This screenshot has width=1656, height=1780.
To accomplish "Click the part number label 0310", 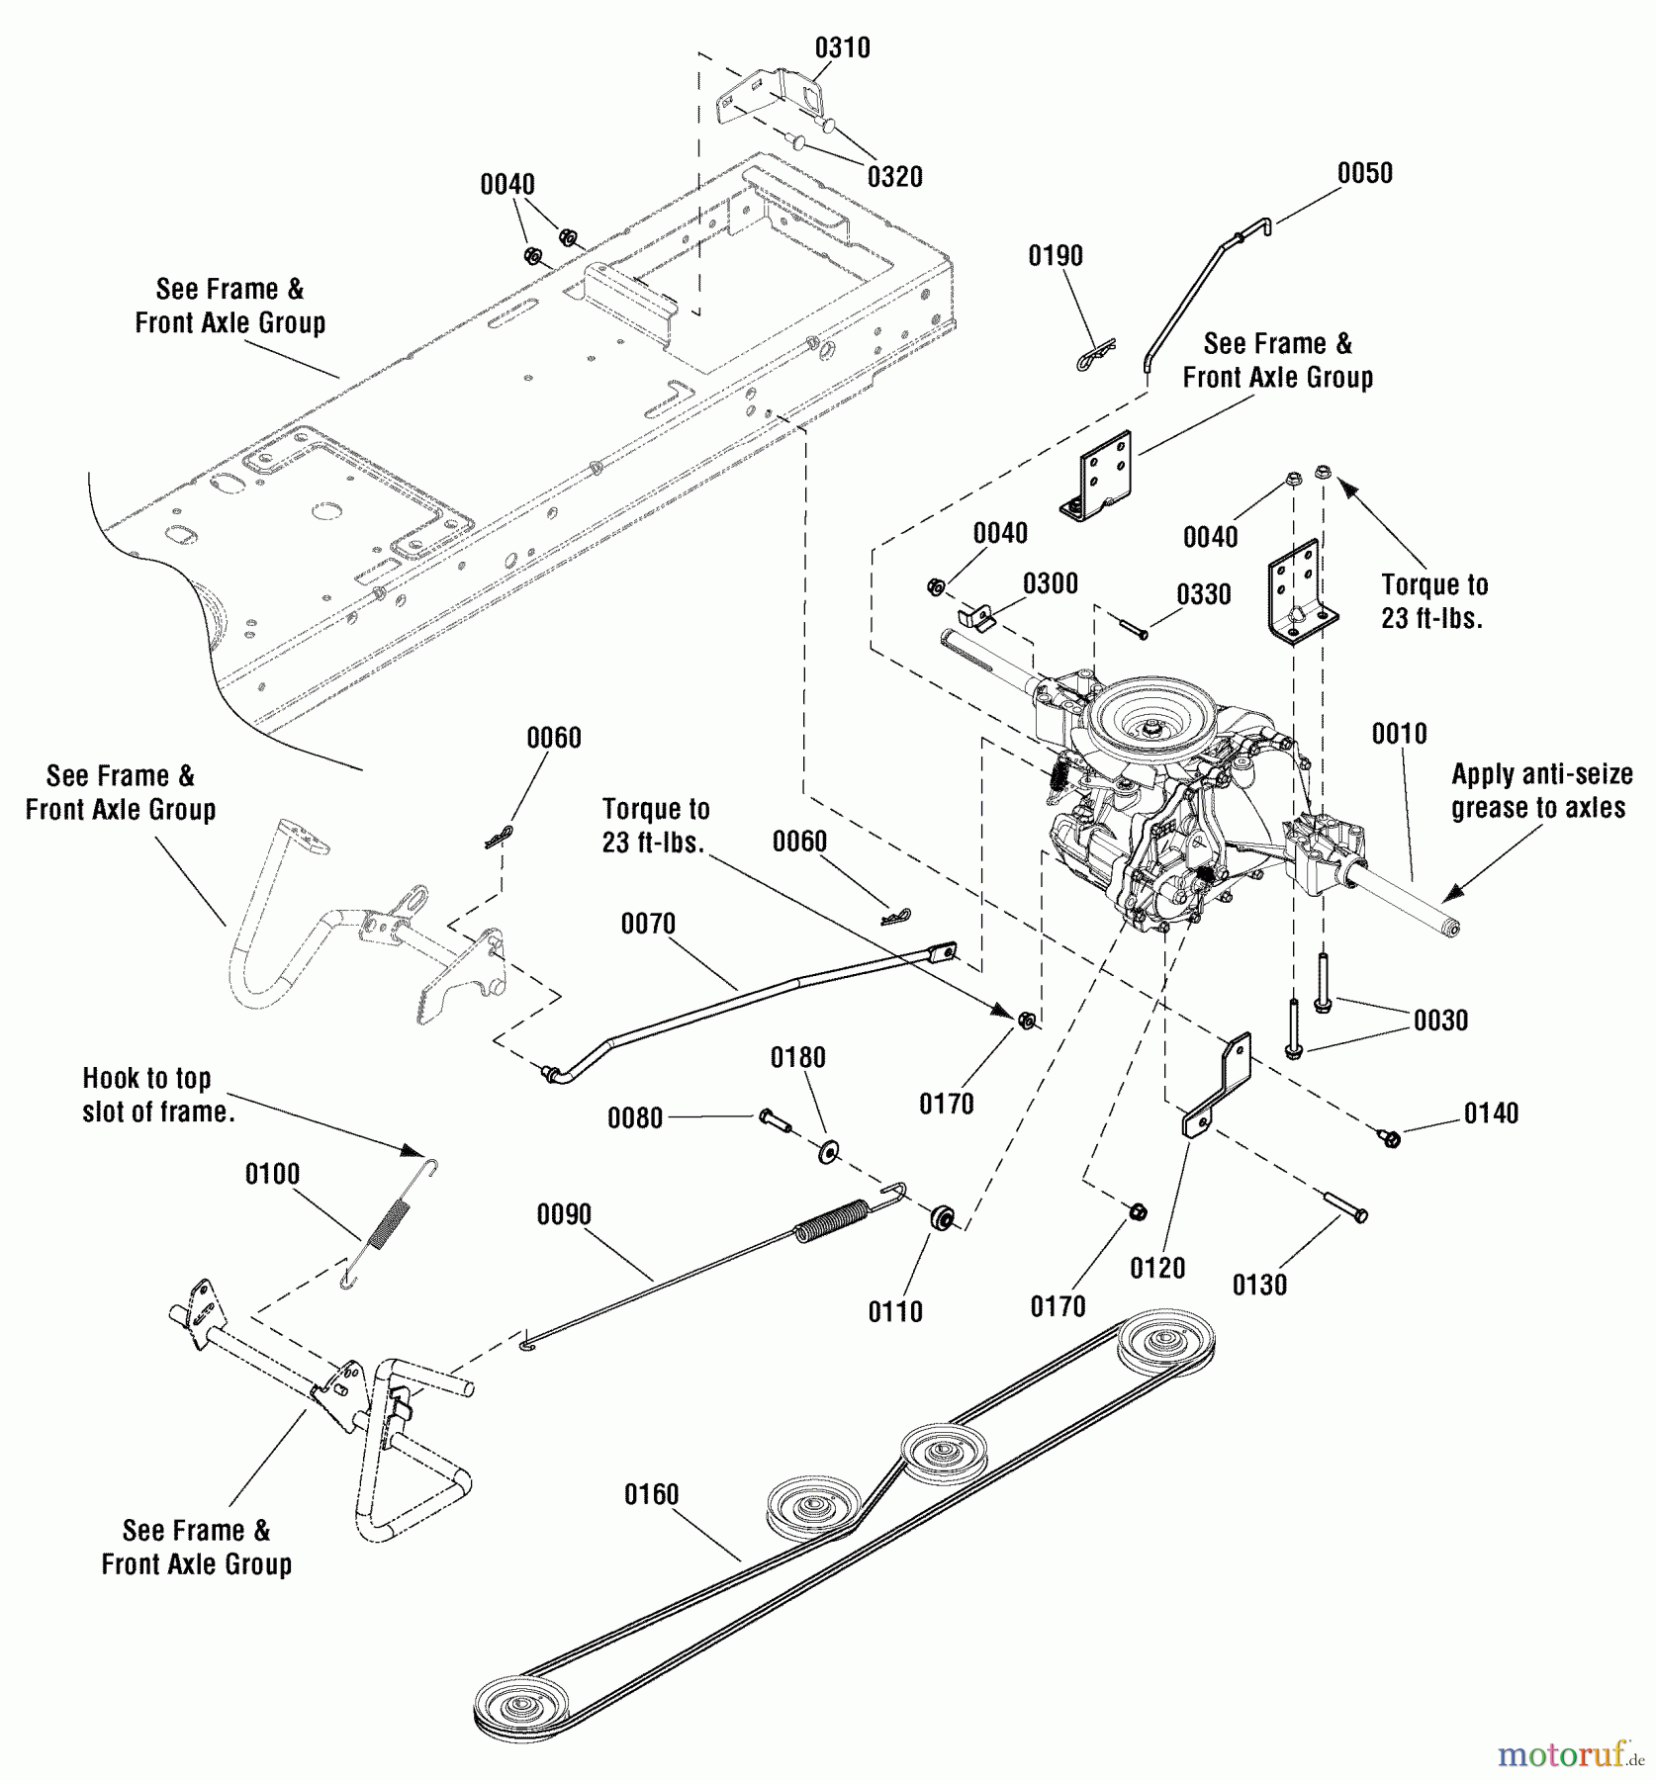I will (842, 47).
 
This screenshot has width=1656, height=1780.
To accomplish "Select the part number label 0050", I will (1364, 173).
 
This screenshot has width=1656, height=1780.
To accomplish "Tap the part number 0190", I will (1056, 256).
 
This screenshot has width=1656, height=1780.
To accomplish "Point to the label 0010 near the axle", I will (1399, 734).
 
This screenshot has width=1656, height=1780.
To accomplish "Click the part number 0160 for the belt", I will (651, 1494).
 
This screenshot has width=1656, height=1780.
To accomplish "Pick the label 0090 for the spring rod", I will (564, 1214).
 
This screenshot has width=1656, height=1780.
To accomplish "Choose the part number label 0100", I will (272, 1174).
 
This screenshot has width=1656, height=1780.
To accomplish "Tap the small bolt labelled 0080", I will (775, 1119).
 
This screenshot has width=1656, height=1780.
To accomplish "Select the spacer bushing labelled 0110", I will (941, 1217).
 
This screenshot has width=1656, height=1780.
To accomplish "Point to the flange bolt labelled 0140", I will (1389, 1138).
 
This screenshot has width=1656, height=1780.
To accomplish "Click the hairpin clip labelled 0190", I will (1095, 355).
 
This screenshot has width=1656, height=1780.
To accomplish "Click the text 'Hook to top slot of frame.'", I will (158, 1095).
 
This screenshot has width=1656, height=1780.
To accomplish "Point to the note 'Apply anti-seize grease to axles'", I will (1540, 791).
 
